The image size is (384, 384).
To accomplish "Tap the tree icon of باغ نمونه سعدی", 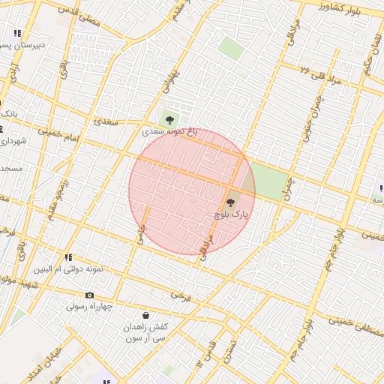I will [x=169, y=118].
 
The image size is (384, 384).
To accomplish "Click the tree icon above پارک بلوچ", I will [x=229, y=202].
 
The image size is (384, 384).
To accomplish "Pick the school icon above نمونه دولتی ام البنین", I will [x=68, y=257].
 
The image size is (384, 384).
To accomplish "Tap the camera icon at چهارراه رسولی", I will [x=90, y=295].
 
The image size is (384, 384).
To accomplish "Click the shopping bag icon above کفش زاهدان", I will [x=145, y=316].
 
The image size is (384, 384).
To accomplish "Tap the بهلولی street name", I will [x=172, y=83].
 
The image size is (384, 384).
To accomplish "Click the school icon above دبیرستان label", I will [x=16, y=34].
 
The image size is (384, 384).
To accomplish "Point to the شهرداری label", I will [x=13, y=140].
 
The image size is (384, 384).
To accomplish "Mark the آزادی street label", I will [x=13, y=73].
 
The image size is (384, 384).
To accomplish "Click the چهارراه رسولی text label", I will [x=89, y=306].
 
